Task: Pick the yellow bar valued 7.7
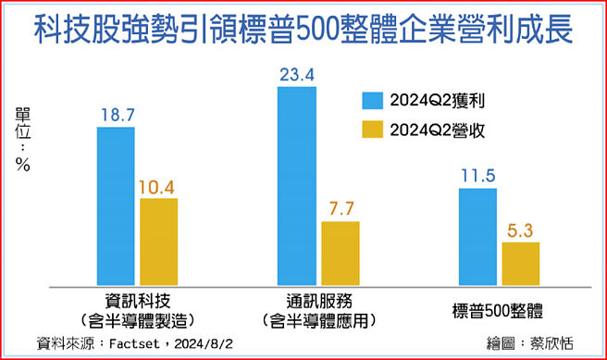(x=340, y=251)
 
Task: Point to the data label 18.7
(x=117, y=114)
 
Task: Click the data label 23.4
(x=297, y=74)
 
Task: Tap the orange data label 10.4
(x=158, y=186)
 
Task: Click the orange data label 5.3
(x=520, y=230)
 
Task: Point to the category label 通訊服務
(x=318, y=302)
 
